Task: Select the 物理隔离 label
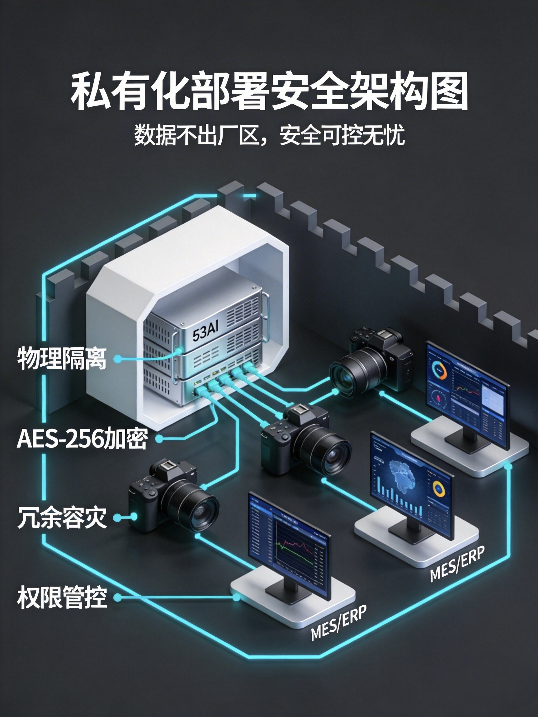[62, 358]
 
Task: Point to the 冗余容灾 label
[62, 518]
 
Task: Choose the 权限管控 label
[62, 597]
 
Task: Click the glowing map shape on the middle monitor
[402, 476]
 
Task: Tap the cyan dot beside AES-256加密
[159, 439]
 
